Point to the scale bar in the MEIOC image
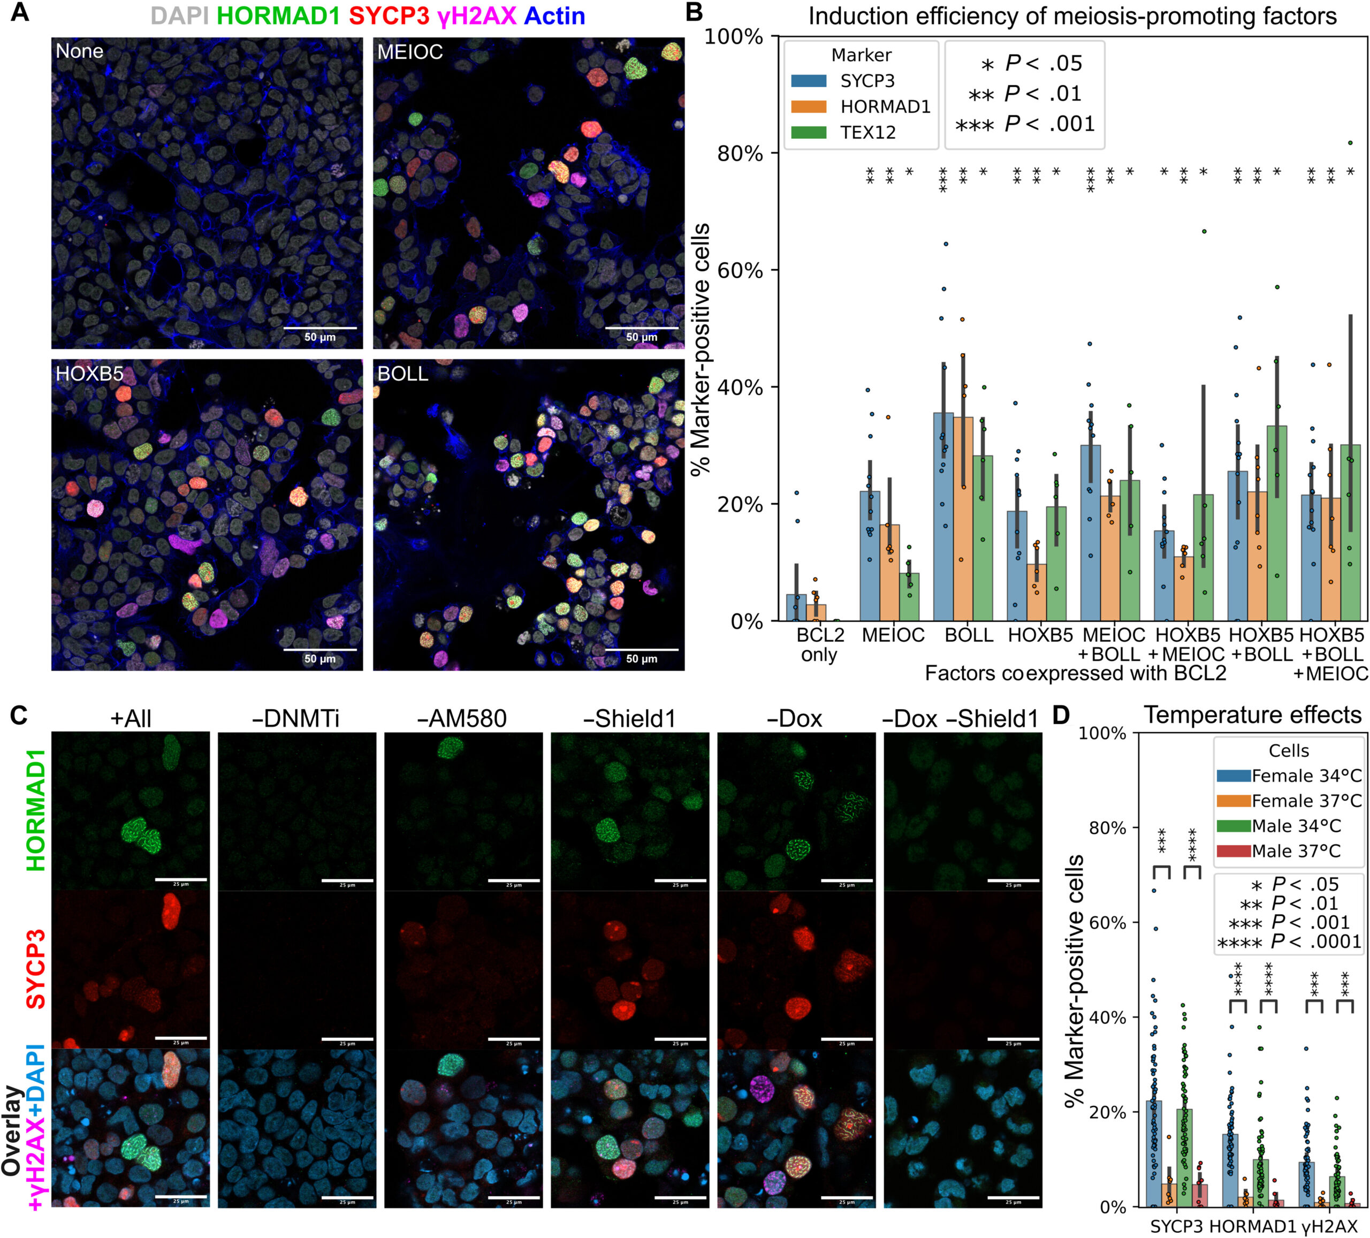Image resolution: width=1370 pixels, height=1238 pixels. (642, 328)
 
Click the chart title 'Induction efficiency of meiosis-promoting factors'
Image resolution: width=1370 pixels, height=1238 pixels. (1072, 16)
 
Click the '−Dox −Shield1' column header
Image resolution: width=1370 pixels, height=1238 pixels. (961, 719)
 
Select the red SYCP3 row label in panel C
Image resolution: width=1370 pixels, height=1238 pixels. (35, 969)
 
